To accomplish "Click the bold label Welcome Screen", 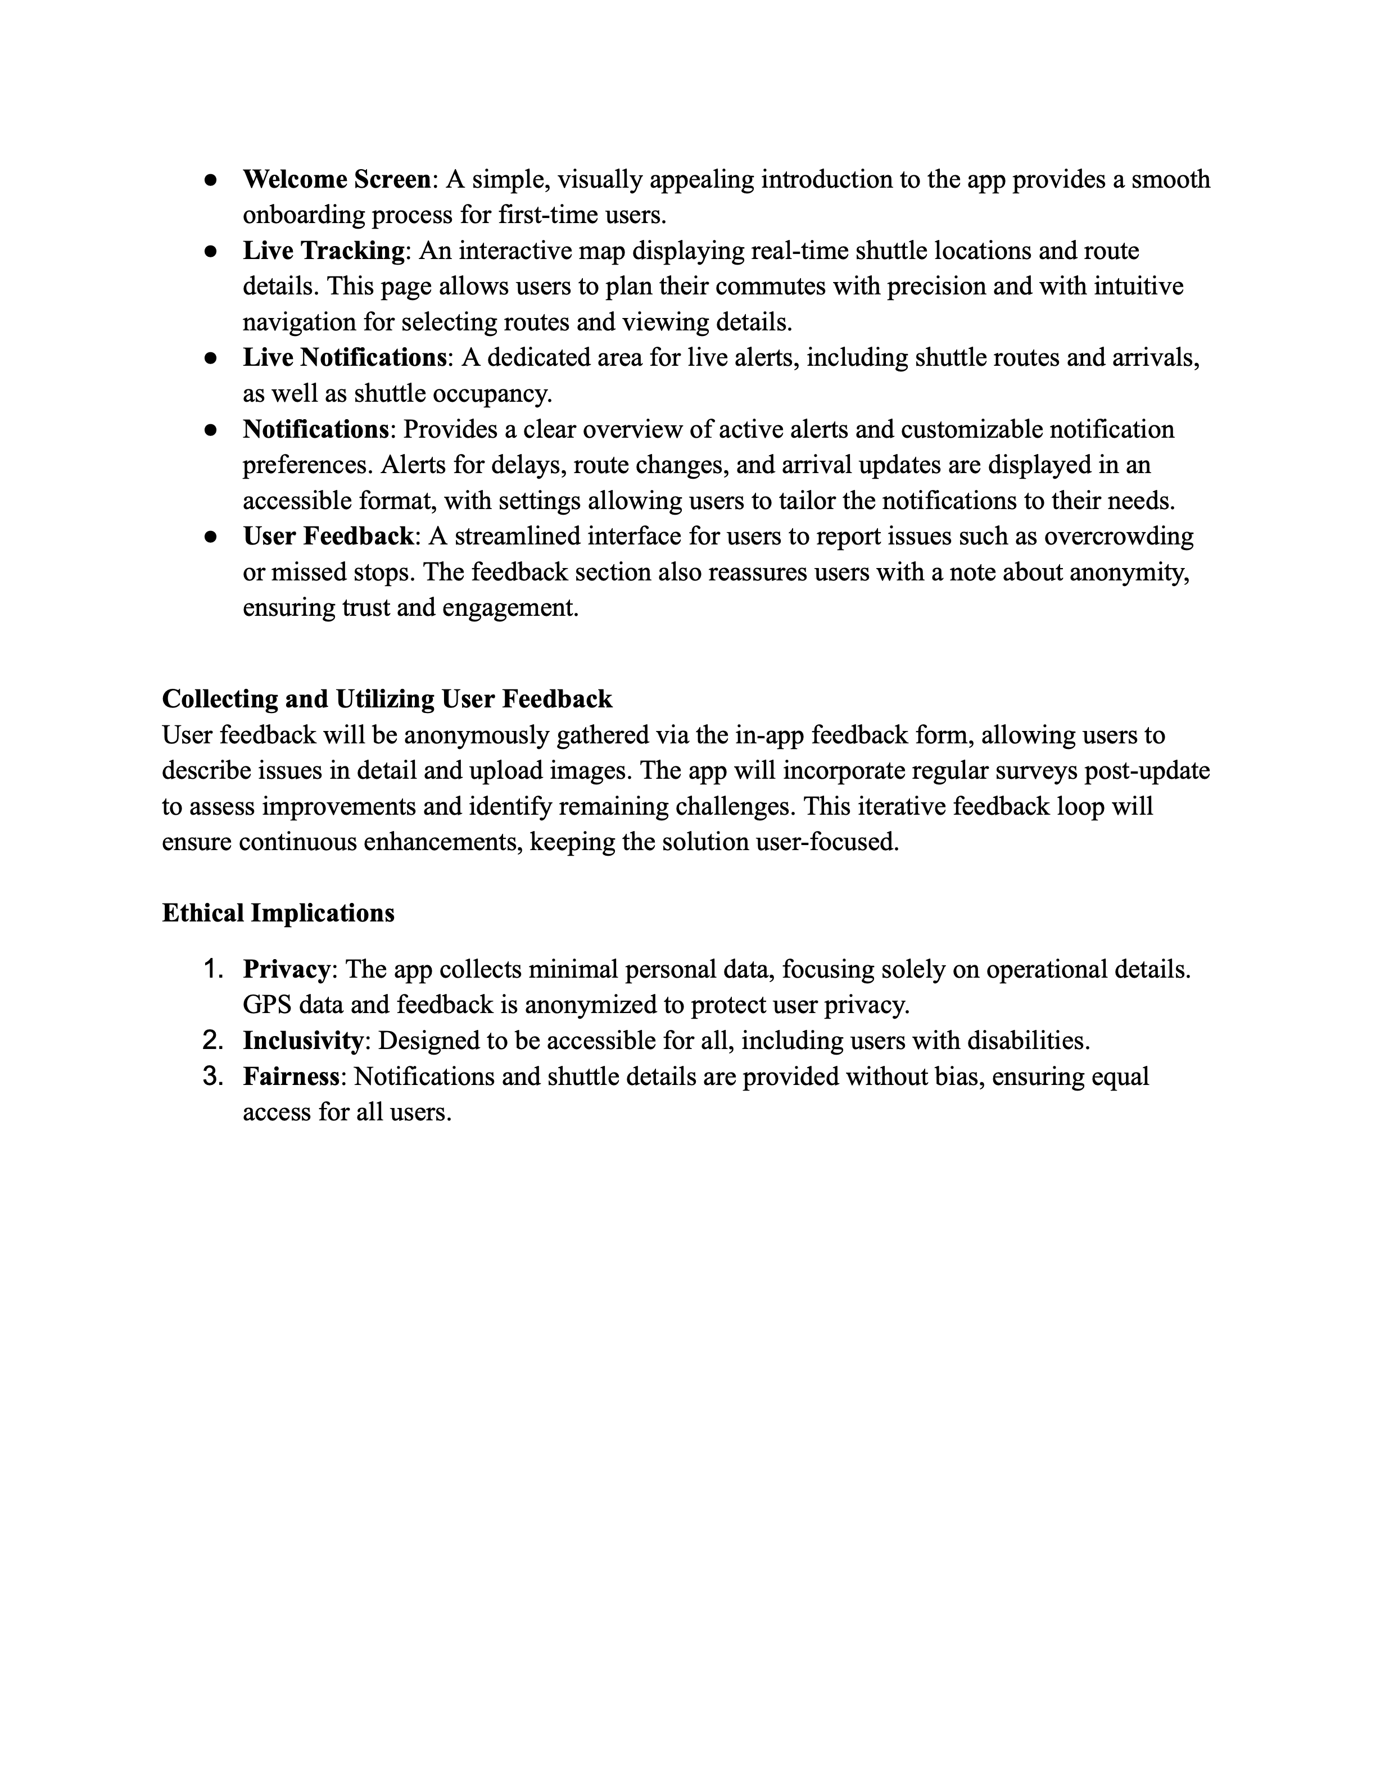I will click(336, 179).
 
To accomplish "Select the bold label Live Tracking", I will click(323, 251).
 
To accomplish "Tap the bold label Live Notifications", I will click(344, 358).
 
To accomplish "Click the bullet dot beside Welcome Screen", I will click(210, 180).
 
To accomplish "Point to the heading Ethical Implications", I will click(278, 913).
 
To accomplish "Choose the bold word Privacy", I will click(286, 970).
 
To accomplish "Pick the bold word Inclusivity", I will click(302, 1041).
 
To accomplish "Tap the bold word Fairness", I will click(291, 1077).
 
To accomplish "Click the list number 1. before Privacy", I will click(213, 970).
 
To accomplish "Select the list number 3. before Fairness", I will click(213, 1077).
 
